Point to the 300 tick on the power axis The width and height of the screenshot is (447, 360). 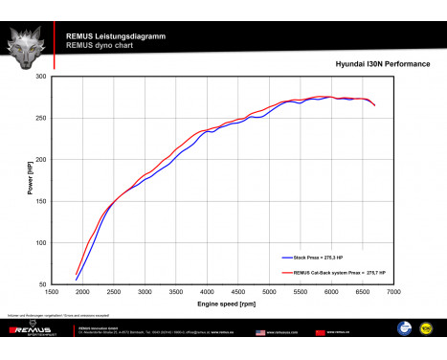click(40, 76)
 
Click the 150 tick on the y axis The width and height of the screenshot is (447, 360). click(40, 201)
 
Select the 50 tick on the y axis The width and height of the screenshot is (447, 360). click(42, 284)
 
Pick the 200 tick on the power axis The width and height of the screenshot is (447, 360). click(40, 159)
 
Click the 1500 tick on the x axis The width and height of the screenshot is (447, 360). click(53, 292)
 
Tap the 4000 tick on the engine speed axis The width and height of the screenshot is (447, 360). click(208, 292)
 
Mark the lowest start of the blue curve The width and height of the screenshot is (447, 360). click(77, 280)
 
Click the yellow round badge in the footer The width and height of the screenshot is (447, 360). click(427, 330)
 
